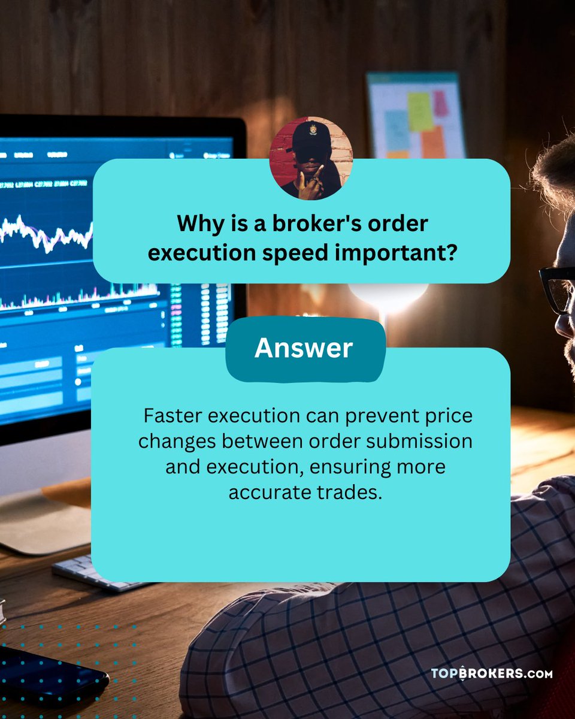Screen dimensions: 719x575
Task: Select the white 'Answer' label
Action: (304, 348)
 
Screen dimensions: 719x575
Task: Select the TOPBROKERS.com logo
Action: (491, 673)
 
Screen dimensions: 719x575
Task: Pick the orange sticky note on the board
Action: (432, 143)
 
